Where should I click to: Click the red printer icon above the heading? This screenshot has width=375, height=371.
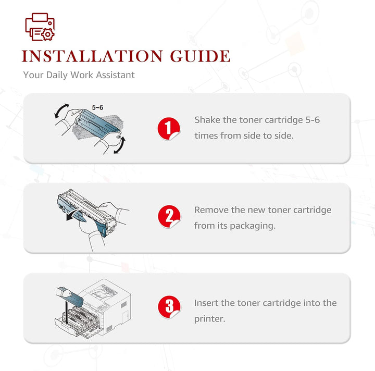40,27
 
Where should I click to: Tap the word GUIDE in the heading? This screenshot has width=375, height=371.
200,56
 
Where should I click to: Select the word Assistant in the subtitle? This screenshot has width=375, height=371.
115,75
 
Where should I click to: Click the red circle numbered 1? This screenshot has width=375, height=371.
169,129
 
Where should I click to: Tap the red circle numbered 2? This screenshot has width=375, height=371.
169,216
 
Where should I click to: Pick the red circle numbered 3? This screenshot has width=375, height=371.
169,307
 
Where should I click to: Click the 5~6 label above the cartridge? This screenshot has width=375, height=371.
97,108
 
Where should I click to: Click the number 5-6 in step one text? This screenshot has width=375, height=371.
312,120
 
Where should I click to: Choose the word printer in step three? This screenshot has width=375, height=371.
210,319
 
